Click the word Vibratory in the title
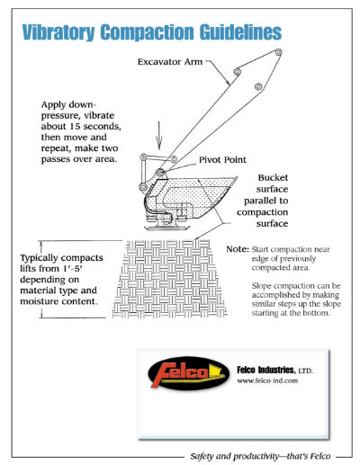[62, 31]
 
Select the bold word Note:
[236, 249]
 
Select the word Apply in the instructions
[55, 104]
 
